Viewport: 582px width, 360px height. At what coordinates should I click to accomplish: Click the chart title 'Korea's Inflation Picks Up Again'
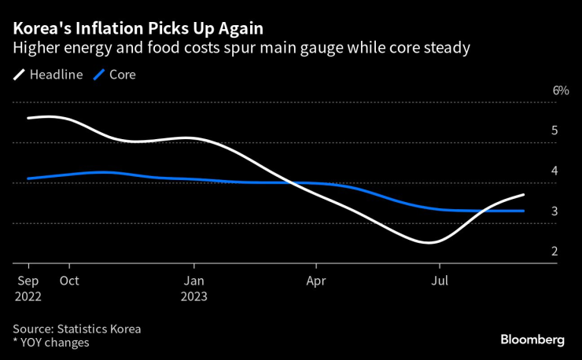click(138, 28)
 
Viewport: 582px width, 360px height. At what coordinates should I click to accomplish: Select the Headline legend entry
click(50, 75)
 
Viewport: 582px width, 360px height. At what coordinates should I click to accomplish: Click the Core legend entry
click(115, 75)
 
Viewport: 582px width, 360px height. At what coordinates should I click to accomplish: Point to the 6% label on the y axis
click(560, 90)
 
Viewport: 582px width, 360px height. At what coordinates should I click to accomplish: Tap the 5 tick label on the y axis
click(554, 130)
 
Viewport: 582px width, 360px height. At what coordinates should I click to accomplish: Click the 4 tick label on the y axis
click(554, 171)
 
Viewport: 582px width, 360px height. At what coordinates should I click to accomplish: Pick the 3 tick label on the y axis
click(554, 211)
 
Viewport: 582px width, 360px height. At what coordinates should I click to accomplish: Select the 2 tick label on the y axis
click(554, 252)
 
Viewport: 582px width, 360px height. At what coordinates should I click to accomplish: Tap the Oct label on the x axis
click(69, 281)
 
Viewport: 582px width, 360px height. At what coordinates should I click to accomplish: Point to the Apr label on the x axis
click(315, 281)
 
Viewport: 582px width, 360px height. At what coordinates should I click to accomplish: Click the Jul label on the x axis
click(442, 281)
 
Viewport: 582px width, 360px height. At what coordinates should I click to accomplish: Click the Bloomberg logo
click(532, 340)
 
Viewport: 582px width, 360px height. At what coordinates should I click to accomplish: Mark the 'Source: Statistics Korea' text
click(76, 329)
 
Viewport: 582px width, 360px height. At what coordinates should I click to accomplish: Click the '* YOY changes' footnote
click(50, 343)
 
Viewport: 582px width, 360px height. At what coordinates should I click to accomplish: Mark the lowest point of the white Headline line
click(429, 242)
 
